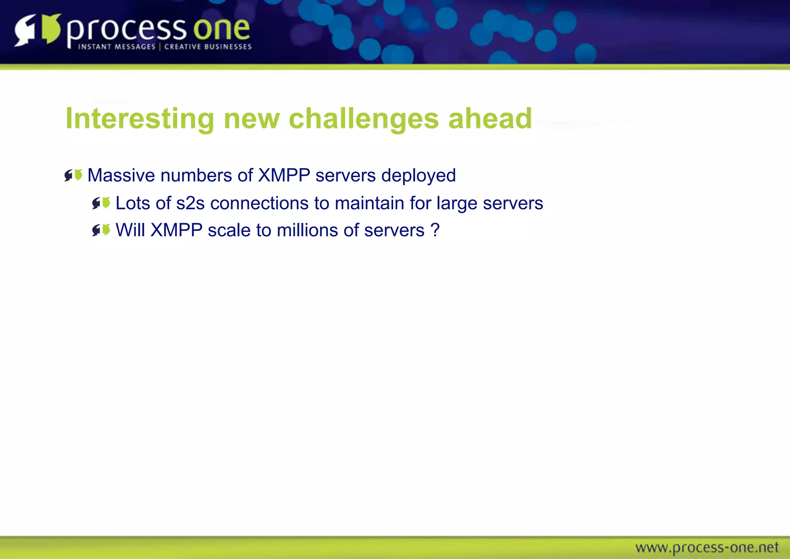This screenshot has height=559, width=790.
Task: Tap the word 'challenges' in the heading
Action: pyautogui.click(x=363, y=119)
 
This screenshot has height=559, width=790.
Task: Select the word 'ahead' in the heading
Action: pyautogui.click(x=490, y=119)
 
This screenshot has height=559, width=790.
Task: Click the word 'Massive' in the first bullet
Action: pyautogui.click(x=121, y=176)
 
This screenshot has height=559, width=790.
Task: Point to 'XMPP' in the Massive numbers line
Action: pyautogui.click(x=284, y=176)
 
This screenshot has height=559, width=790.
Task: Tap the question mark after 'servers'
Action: pyautogui.click(x=435, y=230)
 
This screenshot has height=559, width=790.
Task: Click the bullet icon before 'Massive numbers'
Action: pyautogui.click(x=73, y=176)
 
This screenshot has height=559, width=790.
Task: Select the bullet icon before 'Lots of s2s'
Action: pyautogui.click(x=101, y=203)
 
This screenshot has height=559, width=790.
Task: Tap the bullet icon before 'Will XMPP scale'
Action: pyautogui.click(x=101, y=230)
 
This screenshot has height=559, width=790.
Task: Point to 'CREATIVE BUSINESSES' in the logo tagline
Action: pyautogui.click(x=208, y=47)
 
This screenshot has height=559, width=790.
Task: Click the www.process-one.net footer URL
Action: pyautogui.click(x=707, y=547)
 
